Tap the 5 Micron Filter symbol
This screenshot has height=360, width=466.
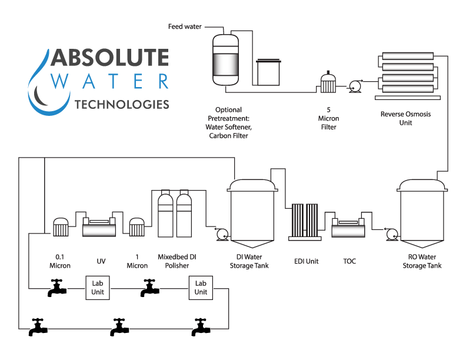(328, 83)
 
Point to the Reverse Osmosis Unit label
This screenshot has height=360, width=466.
(405, 118)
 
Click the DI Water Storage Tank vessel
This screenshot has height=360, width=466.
(251, 215)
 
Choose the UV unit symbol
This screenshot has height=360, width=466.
(98, 226)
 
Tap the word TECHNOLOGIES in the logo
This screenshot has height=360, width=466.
(122, 105)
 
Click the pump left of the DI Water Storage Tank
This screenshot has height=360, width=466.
(222, 234)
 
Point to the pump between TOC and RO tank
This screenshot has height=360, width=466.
(391, 234)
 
